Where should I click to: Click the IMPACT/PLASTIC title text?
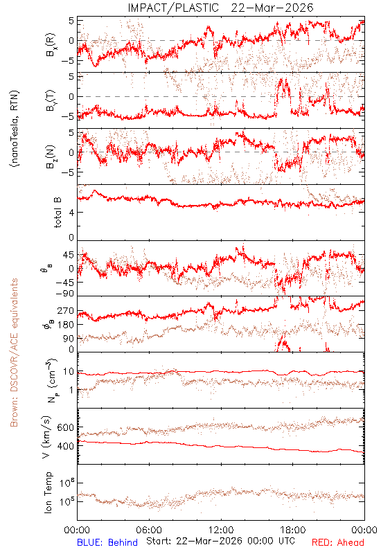click(x=173, y=8)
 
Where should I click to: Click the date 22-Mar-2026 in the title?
click(x=272, y=8)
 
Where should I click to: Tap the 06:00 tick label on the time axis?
click(x=149, y=530)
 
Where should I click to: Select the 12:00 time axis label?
click(x=221, y=530)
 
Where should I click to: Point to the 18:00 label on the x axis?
click(x=293, y=530)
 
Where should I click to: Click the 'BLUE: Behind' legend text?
click(x=107, y=542)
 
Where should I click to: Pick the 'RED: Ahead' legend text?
click(x=338, y=542)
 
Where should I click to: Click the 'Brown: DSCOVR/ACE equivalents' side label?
click(x=14, y=352)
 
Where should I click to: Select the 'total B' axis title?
click(x=57, y=213)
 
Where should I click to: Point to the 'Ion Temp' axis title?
click(x=48, y=492)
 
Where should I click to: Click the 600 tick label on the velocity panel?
click(x=65, y=427)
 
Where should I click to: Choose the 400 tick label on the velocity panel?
click(x=65, y=446)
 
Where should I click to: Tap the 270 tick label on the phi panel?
click(x=65, y=310)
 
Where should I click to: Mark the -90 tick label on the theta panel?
click(x=65, y=294)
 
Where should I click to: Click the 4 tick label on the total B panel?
click(x=71, y=213)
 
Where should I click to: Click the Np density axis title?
click(x=51, y=381)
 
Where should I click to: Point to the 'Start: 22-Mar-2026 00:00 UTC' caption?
click(x=220, y=541)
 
